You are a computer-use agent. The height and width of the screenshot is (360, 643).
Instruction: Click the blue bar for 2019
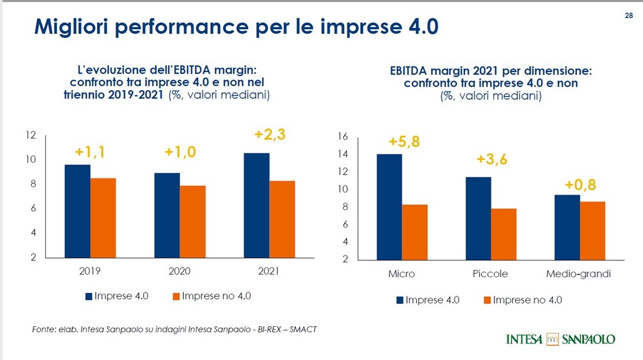click(77, 211)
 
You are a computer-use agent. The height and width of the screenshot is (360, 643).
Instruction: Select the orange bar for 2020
click(193, 221)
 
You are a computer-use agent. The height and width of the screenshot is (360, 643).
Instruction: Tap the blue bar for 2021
click(256, 205)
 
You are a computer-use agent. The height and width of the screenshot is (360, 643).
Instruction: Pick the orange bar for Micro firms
click(415, 232)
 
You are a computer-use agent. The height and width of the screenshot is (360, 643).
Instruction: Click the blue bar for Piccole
click(478, 218)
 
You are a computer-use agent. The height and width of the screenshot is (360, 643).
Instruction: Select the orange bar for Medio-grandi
click(593, 230)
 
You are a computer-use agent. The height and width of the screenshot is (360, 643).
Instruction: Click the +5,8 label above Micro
click(404, 141)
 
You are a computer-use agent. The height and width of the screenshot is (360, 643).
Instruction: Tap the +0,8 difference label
click(580, 184)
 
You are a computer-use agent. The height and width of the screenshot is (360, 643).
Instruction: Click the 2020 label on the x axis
click(179, 271)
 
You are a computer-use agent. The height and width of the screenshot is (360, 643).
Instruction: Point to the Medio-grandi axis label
click(578, 274)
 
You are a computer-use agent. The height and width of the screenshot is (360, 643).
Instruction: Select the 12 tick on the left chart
click(31, 135)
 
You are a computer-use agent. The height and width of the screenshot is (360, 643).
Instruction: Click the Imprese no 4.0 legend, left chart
click(211, 296)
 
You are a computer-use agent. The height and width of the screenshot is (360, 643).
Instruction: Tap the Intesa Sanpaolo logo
click(561, 339)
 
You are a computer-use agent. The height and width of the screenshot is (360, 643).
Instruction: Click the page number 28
click(629, 15)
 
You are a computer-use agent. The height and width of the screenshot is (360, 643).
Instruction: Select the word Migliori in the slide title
click(73, 27)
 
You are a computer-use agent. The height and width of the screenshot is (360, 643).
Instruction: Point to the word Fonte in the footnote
click(43, 329)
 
